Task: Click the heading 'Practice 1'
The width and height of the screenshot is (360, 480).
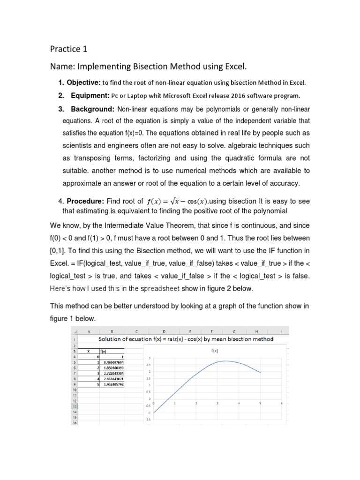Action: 68,49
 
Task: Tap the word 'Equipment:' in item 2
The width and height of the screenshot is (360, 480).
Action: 89,96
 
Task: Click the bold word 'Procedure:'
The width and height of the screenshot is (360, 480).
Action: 85,202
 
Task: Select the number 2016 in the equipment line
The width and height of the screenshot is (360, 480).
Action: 230,96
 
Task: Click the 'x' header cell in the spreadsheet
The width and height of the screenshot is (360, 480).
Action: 89,350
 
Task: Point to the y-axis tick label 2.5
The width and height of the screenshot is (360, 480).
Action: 148,365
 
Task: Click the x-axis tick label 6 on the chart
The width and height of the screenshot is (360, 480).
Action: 281,403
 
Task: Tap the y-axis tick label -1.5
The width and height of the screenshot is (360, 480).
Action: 148,420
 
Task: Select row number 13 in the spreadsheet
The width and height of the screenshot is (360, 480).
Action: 74,406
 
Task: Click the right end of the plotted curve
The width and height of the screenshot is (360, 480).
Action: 260,373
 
